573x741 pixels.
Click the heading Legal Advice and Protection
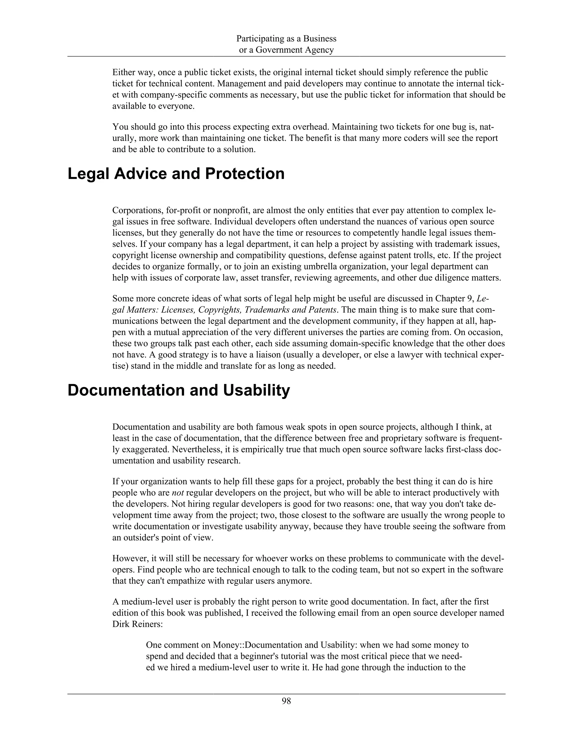pos(176,174)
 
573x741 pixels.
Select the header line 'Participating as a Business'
pos(286,39)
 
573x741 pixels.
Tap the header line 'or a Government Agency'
pos(286,50)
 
